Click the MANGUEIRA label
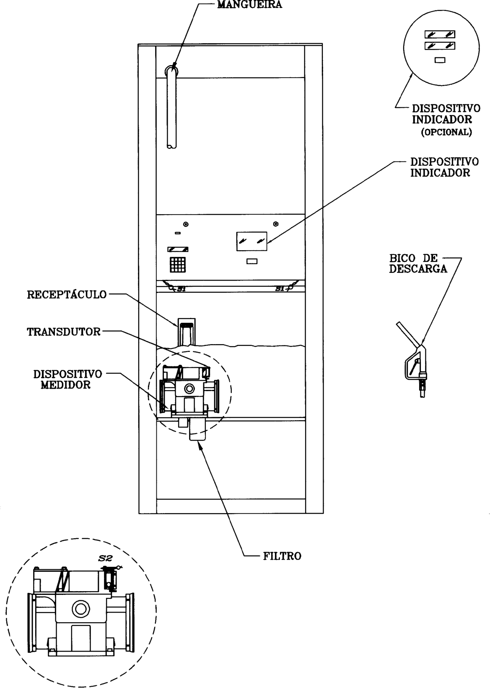tap(249, 5)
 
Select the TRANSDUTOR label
tap(64, 332)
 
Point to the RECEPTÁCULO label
tap(67, 295)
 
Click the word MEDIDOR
tap(66, 385)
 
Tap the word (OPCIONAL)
tap(446, 132)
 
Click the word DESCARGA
tap(418, 269)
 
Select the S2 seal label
tap(105, 559)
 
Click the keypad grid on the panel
tap(178, 265)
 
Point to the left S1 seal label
tap(181, 289)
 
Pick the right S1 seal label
tap(280, 289)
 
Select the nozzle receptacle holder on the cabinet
tap(187, 332)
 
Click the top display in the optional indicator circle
tap(440, 34)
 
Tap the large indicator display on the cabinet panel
tap(252, 241)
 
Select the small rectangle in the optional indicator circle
tap(440, 60)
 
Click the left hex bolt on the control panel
tap(186, 224)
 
